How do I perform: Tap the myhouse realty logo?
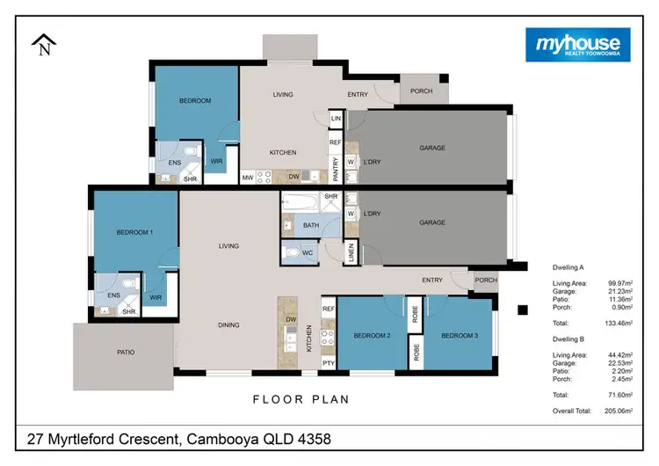pyautogui.click(x=577, y=44)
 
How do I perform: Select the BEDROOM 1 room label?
pyautogui.click(x=135, y=232)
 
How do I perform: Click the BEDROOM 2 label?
pyautogui.click(x=371, y=336)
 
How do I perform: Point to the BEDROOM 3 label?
pyautogui.click(x=458, y=336)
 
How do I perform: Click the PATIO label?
pyautogui.click(x=126, y=353)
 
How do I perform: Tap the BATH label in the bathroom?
pyautogui.click(x=310, y=225)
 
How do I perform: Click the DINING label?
pyautogui.click(x=228, y=325)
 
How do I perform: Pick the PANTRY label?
pyautogui.click(x=335, y=163)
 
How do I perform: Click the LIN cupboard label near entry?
pyautogui.click(x=335, y=119)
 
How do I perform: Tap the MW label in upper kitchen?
pyautogui.click(x=249, y=178)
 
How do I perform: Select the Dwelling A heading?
pyautogui.click(x=568, y=266)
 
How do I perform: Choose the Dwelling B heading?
pyautogui.click(x=568, y=339)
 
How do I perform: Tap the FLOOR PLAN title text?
pyautogui.click(x=301, y=399)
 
